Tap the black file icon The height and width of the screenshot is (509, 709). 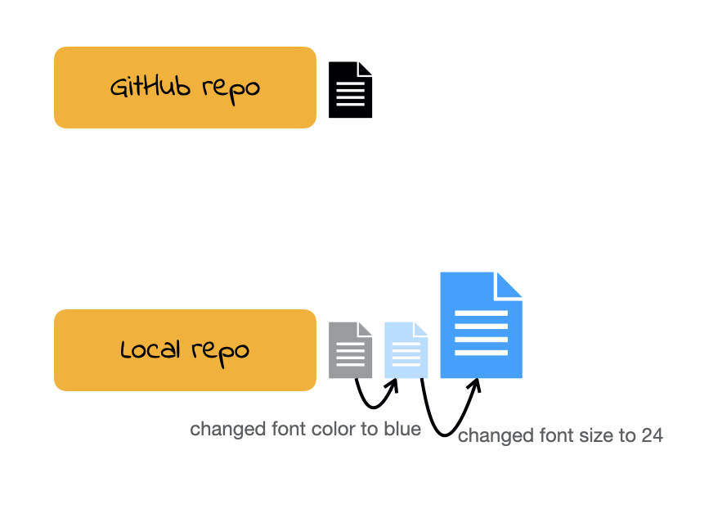pos(350,90)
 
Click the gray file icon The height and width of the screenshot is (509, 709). pos(350,350)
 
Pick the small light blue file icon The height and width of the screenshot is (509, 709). pos(406,350)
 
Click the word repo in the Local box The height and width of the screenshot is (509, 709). pos(221,352)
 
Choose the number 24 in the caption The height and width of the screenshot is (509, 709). pos(652,435)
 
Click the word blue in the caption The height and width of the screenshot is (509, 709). pos(402,429)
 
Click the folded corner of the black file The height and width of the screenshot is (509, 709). pos(365,69)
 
